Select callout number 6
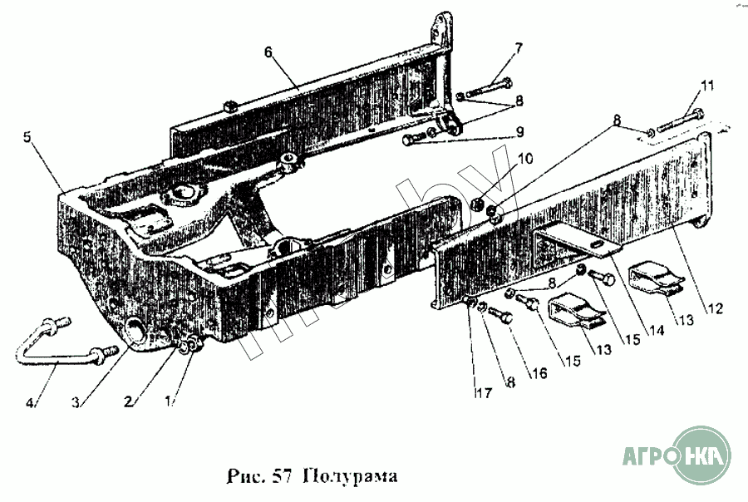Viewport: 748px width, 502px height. pos(268,52)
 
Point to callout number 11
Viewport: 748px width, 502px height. pos(706,85)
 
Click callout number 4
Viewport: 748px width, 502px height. pos(31,404)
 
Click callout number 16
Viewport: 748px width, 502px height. pos(538,373)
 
